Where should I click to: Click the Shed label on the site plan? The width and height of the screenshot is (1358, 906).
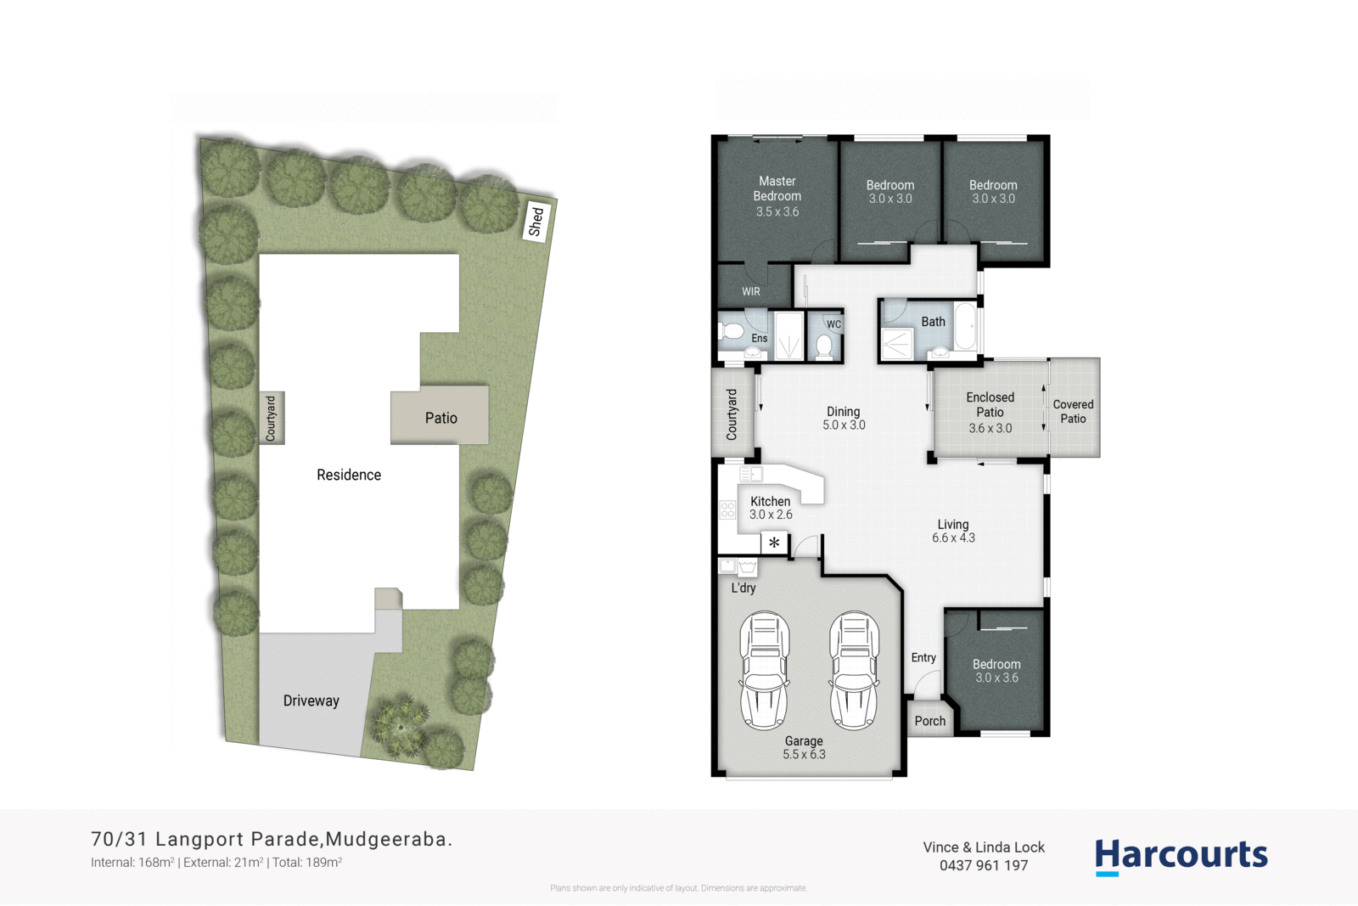(536, 222)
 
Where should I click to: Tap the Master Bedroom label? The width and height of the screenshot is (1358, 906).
(777, 189)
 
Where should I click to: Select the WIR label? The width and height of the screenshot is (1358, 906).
(751, 291)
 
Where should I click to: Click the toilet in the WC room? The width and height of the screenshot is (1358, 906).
(823, 346)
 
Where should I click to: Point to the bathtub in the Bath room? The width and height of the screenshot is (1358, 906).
(965, 327)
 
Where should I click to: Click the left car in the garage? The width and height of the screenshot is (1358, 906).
(765, 670)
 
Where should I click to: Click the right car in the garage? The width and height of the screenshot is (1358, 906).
(854, 670)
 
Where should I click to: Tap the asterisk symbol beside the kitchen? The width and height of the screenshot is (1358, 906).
(774, 543)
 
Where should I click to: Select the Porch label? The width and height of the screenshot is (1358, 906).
(929, 721)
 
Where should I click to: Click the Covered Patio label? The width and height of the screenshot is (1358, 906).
(1073, 411)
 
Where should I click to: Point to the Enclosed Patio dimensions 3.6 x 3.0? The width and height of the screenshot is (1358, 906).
(990, 428)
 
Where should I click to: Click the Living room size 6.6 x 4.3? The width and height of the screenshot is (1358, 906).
(953, 537)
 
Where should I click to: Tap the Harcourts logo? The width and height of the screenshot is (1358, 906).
(1181, 856)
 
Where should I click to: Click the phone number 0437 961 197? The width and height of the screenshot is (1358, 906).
(983, 865)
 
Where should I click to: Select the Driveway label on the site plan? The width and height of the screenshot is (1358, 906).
(311, 701)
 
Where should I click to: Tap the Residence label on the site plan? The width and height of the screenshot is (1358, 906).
(349, 475)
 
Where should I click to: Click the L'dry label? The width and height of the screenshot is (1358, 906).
(743, 588)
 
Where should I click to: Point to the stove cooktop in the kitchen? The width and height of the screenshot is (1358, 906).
(727, 509)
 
